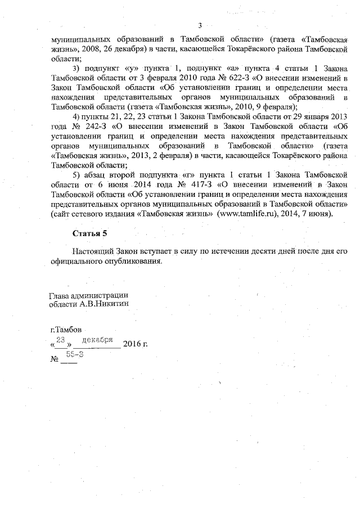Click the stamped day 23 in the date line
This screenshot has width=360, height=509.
pyautogui.click(x=61, y=339)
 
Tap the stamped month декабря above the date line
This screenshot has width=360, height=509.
pyautogui.click(x=98, y=340)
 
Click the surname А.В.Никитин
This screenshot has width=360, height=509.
pyautogui.click(x=105, y=303)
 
